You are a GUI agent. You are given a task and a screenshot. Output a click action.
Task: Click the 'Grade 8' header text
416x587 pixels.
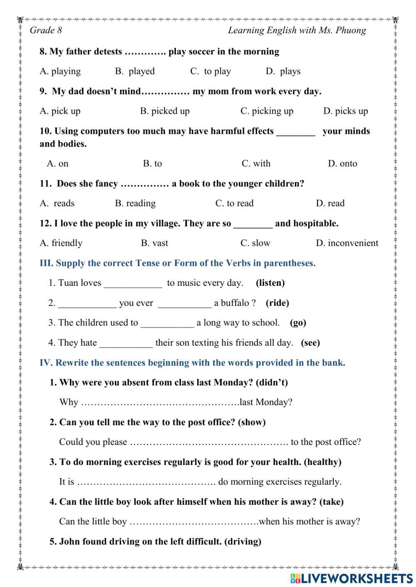click(x=46, y=30)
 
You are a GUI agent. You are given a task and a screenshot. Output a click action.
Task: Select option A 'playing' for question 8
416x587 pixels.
click(x=60, y=71)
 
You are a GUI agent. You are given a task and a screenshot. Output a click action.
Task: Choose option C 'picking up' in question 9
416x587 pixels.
click(x=267, y=111)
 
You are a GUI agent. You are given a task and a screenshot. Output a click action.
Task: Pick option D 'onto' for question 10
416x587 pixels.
click(x=342, y=164)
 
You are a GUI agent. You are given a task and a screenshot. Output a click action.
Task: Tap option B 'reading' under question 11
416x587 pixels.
click(x=135, y=204)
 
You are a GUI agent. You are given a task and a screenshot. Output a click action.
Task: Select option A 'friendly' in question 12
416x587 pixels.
click(x=61, y=243)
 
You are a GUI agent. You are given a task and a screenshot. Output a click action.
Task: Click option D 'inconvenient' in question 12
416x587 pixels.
click(x=347, y=243)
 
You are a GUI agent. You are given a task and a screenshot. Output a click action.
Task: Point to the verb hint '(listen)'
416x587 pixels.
click(x=270, y=283)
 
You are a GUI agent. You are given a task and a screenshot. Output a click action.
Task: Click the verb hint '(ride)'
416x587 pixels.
click(x=277, y=303)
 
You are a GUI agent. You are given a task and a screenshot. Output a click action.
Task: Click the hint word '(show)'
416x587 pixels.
click(x=252, y=422)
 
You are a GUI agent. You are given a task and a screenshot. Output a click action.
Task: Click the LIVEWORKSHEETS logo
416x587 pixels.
click(x=352, y=578)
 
